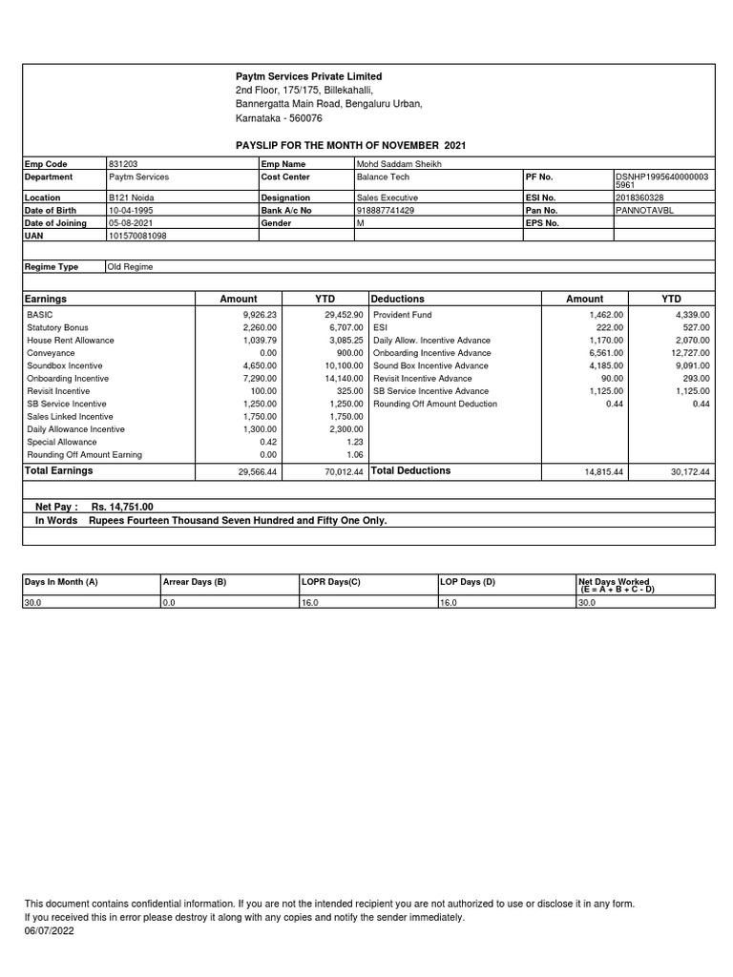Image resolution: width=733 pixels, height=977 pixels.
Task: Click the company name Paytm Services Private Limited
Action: (308, 76)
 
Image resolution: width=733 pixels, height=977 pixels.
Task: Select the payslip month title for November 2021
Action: (350, 145)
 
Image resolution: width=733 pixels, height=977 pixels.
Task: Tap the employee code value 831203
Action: (123, 164)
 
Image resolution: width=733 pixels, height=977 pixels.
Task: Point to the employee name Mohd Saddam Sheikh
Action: (392, 164)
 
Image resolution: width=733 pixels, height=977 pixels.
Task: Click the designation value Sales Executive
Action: (387, 197)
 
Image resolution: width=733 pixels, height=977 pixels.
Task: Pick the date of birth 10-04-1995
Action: (131, 210)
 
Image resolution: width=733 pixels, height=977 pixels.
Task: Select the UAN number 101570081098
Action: (137, 235)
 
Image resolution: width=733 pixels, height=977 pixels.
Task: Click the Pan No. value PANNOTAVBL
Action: (645, 210)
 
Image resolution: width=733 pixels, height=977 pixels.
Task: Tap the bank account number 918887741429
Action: (385, 210)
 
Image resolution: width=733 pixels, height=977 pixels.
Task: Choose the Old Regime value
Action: (131, 267)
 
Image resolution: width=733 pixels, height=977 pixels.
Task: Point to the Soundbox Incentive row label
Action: (65, 365)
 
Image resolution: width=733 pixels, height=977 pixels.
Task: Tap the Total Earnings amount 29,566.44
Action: (256, 472)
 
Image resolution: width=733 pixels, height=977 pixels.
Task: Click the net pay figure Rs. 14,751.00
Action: (122, 508)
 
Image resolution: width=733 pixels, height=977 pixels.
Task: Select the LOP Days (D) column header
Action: (468, 581)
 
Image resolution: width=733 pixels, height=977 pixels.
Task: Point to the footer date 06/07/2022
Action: (49, 931)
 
